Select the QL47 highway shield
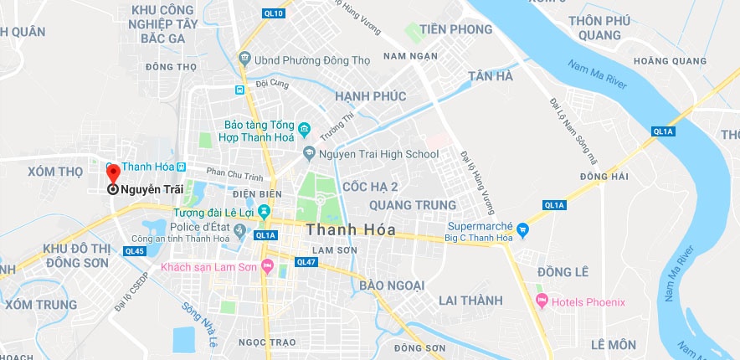point(306,262)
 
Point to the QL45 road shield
point(134,251)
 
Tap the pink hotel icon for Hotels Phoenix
point(540,301)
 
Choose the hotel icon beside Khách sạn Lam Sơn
point(268,267)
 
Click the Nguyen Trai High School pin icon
point(309,154)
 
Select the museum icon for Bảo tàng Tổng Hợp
point(305,130)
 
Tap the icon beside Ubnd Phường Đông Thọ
point(244,59)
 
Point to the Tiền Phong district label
point(456,29)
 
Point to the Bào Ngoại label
point(392,285)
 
